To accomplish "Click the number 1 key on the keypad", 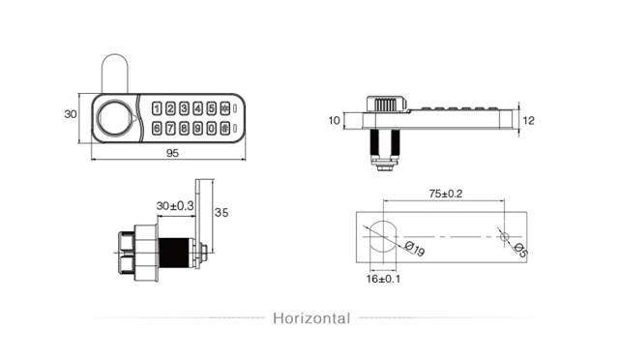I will pos(159,109).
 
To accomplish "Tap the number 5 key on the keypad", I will pos(212,109).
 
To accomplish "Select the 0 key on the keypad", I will pos(212,128).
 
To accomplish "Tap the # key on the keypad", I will pos(225,128).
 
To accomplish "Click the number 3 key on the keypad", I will pos(185,109).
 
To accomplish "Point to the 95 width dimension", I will pos(172,152).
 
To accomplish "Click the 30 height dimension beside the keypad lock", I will pos(70,114).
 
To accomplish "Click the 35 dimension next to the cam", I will pos(221,212).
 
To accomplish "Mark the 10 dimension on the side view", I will pos(335,121).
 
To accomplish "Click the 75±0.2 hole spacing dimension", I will pos(444,194).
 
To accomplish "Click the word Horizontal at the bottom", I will pos(310,317).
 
